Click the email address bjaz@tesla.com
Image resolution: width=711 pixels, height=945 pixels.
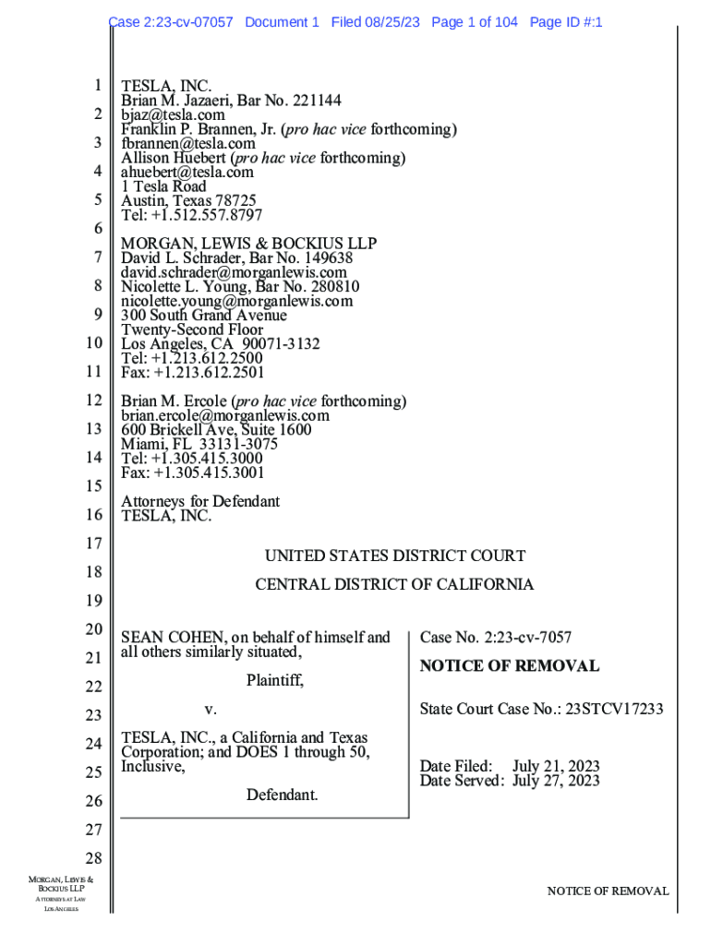coord(173,115)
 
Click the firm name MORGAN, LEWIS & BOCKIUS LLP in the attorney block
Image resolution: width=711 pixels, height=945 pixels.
coord(249,244)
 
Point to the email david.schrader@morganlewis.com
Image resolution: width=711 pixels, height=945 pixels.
coord(235,272)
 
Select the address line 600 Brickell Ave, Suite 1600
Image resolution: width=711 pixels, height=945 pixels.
coord(216,430)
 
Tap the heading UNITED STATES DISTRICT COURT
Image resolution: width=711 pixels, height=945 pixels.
coord(394,556)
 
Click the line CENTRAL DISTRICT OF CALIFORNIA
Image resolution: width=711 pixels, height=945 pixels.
coord(394,585)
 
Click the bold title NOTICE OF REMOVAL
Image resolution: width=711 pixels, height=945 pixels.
coord(509,666)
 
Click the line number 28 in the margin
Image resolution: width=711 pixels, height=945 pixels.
coord(92,859)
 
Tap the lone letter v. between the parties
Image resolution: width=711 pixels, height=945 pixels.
coord(210,711)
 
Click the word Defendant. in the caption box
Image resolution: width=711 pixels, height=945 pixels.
coord(283,795)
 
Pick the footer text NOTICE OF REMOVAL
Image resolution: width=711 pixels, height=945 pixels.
coord(608,891)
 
